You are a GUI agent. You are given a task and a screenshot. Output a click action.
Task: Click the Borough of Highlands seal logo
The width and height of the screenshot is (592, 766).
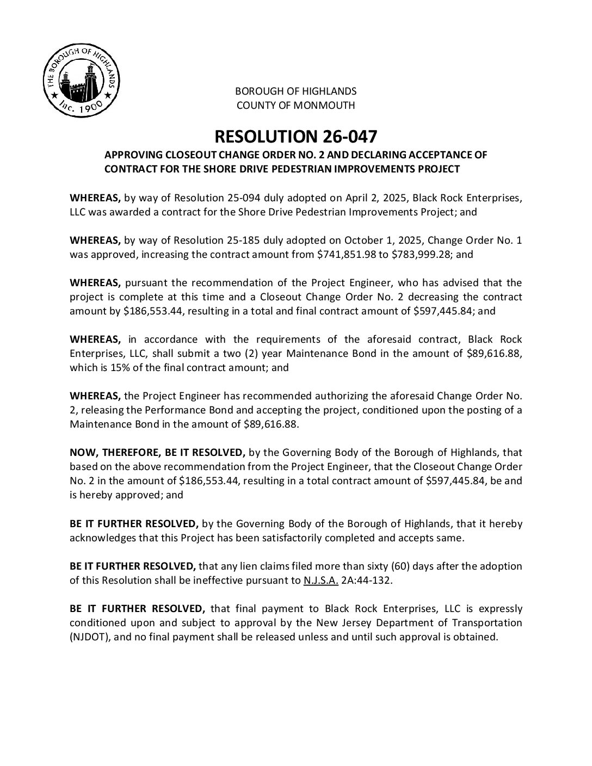point(81,81)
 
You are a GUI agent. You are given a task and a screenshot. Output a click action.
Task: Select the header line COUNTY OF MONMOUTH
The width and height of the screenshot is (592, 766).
point(295,106)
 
